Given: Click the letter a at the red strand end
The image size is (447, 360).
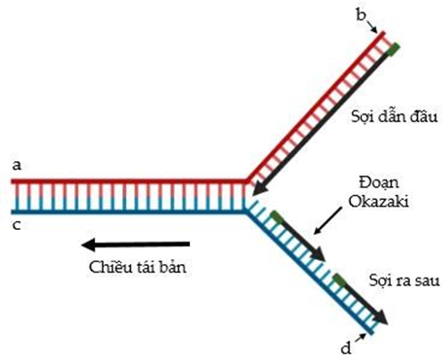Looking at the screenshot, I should coord(16,166).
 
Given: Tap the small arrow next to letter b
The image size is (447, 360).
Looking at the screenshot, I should coord(376,27).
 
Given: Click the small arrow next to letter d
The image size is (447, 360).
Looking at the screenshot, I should coord(364,335).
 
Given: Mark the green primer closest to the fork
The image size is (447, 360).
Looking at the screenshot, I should coord(278,216).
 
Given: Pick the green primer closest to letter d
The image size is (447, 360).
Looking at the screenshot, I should coord(340,280).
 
